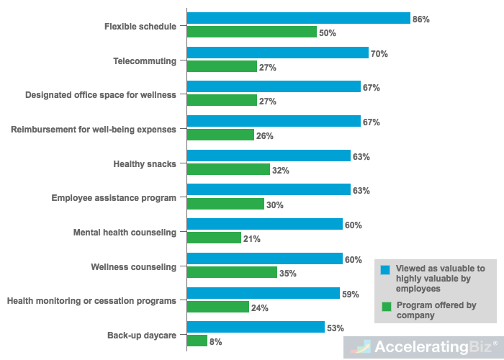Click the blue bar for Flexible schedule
coord(298,19)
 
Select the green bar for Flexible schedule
coord(251,32)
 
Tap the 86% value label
coord(420,19)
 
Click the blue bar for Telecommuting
coord(277,53)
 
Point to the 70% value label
coord(379,54)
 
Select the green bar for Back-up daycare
coord(197,341)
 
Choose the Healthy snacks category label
coord(145,163)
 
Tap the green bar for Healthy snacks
coord(228,170)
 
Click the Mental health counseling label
coord(125,233)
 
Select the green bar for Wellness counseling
coord(232,273)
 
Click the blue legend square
coord(385,269)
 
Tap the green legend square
coord(385,307)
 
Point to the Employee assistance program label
coord(114,198)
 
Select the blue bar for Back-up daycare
coord(256,328)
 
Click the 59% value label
coord(351,294)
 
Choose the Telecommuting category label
coord(145,60)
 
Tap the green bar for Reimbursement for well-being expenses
coord(220,135)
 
